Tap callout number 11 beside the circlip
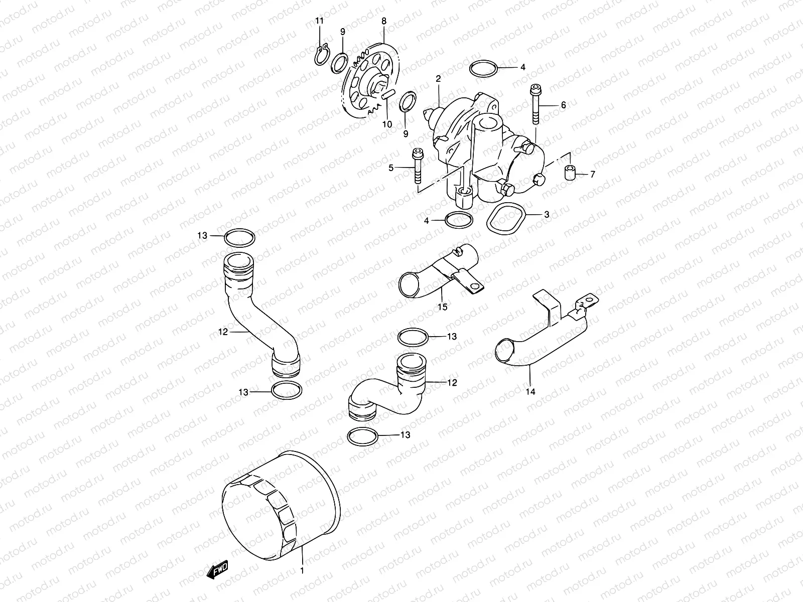coord(319,21)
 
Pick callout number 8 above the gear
coord(384,21)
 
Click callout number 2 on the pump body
coord(438,79)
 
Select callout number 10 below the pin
coord(386,124)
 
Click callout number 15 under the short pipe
coord(442,307)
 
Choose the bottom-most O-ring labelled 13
coord(362,436)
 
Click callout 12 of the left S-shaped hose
coord(223,332)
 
